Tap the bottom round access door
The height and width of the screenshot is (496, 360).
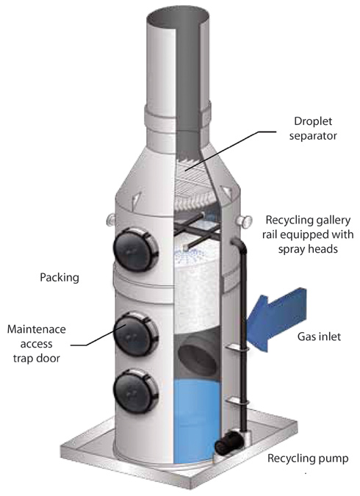134,385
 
